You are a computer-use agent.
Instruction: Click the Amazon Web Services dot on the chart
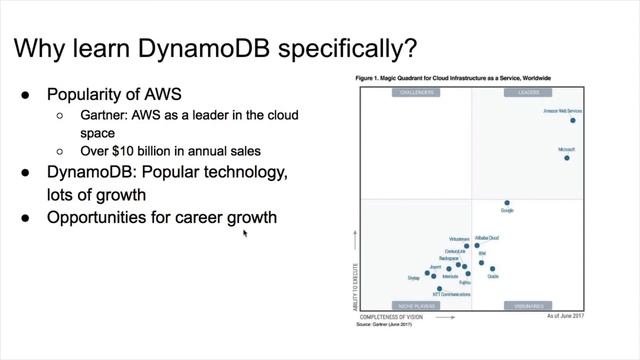tap(573, 120)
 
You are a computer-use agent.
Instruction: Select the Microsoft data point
tap(566, 157)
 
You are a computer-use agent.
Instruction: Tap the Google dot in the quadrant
tap(507, 203)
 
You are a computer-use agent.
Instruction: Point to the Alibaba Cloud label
tap(487, 238)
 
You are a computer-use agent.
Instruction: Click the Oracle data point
tap(491, 268)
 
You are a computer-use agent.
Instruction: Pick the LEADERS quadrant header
tap(528, 93)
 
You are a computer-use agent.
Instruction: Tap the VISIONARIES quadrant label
tap(528, 305)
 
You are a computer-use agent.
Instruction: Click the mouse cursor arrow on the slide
tap(245, 233)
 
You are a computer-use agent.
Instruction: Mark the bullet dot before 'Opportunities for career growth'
tap(27, 217)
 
